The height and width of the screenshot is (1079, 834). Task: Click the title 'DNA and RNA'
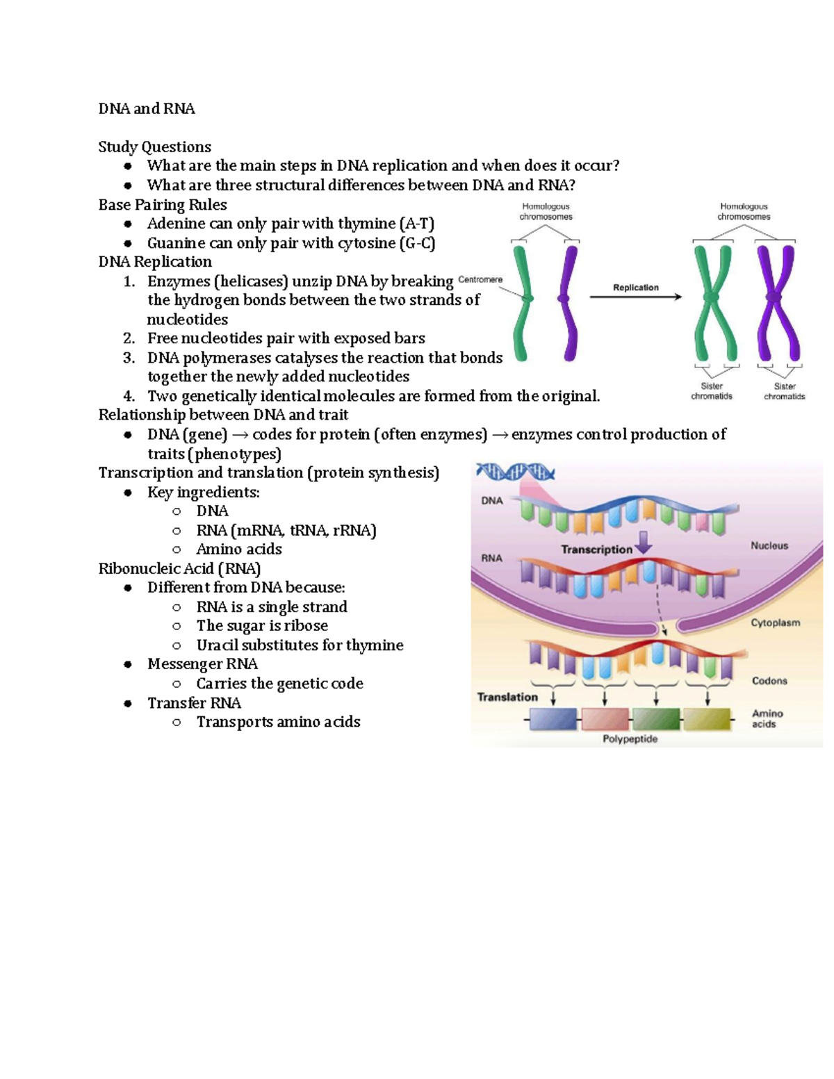coord(147,109)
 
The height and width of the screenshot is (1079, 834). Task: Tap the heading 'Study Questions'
coord(154,147)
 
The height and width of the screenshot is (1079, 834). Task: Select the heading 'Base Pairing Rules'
coord(163,205)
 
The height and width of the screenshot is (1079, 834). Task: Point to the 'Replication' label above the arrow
coord(635,287)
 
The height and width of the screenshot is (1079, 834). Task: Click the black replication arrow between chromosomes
coord(635,297)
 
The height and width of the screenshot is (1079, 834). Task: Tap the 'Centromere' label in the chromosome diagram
coord(480,279)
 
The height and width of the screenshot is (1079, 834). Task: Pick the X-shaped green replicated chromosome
coord(714,299)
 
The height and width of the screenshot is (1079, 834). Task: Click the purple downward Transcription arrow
coord(644,543)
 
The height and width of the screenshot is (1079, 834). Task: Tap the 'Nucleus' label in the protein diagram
coord(769,546)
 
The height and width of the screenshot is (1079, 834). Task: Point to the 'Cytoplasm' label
coord(775,623)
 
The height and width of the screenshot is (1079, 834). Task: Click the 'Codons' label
coord(769,681)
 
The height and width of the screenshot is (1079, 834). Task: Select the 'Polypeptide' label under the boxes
coord(630,739)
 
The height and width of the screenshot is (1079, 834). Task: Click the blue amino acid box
coord(553,719)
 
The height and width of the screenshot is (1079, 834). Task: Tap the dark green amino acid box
coord(656,719)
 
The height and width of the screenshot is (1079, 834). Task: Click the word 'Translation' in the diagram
coord(507,697)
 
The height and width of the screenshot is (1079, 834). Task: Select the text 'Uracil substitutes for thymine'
coord(300,645)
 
